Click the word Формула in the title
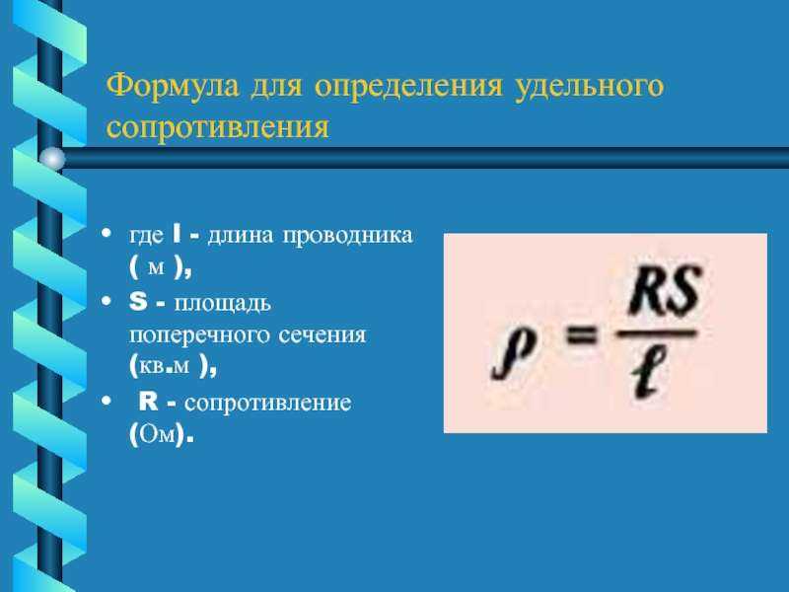pos(173,86)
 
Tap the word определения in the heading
pos(408,87)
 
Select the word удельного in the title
pos(589,87)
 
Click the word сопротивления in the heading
pos(217,127)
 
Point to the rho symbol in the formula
pos(513,351)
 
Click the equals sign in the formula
pos(581,334)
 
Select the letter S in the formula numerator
pos(681,290)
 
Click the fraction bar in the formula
pos(657,333)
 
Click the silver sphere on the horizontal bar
pos(52,159)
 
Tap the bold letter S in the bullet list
pos(138,302)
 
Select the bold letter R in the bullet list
pos(149,402)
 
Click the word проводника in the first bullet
pos(347,236)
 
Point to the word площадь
pos(223,304)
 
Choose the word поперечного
pos(196,335)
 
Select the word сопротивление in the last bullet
pos(267,404)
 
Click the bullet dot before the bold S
pos(106,301)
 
